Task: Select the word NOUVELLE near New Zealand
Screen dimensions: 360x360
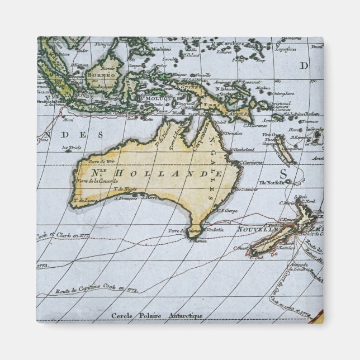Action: tap(258, 229)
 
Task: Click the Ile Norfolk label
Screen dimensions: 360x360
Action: tap(272, 182)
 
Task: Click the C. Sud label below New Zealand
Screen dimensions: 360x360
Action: tap(257, 258)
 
